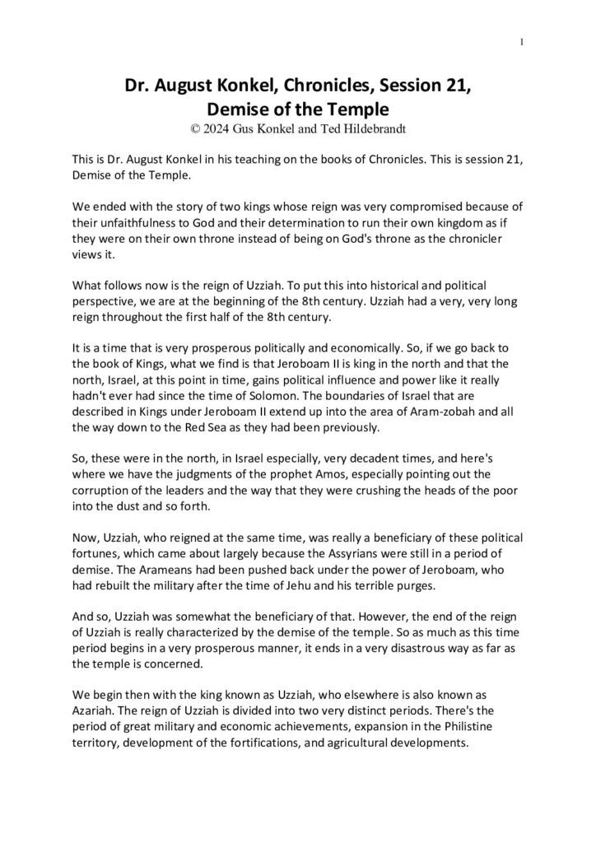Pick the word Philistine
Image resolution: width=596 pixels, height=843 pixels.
tap(467, 730)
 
